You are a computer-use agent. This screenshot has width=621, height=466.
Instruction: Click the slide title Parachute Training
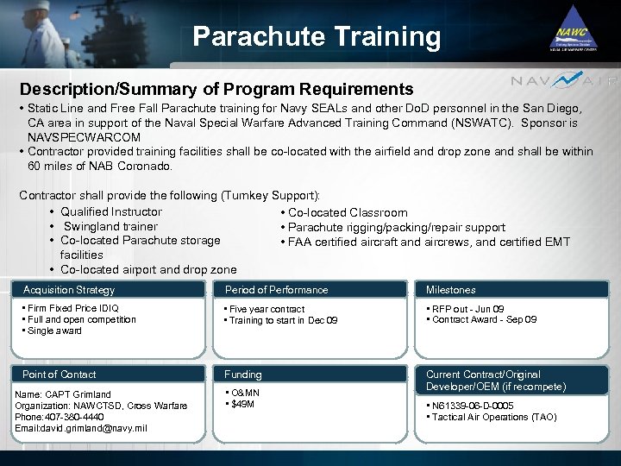pyautogui.click(x=317, y=36)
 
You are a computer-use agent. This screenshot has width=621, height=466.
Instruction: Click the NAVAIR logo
pyautogui.click(x=564, y=81)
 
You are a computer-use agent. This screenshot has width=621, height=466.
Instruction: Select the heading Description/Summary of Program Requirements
pyautogui.click(x=216, y=89)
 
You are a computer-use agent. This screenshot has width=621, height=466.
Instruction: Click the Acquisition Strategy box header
pyautogui.click(x=69, y=290)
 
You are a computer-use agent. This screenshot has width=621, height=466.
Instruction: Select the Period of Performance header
pyautogui.click(x=276, y=290)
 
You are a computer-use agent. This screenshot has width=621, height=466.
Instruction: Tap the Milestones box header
pyautogui.click(x=450, y=290)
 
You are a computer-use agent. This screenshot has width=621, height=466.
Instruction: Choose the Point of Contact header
pyautogui.click(x=60, y=375)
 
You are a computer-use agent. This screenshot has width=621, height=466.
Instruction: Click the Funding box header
pyautogui.click(x=243, y=375)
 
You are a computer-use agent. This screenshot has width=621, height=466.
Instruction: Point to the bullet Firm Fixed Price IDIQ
pyautogui.click(x=73, y=308)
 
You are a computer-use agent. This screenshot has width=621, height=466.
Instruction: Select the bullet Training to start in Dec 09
pyautogui.click(x=283, y=320)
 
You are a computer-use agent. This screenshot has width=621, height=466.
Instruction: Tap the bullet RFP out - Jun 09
pyautogui.click(x=468, y=309)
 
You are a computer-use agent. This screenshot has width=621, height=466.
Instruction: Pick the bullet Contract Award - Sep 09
pyautogui.click(x=484, y=319)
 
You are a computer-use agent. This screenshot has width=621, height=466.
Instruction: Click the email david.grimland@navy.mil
pyautogui.click(x=81, y=428)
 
